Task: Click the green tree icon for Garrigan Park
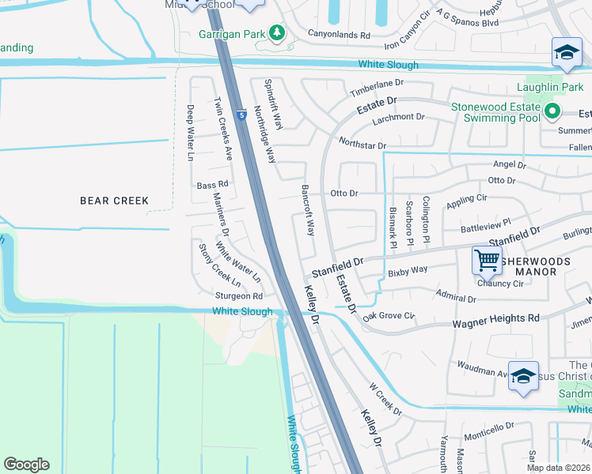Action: tap(277, 32)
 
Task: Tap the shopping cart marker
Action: tap(487, 258)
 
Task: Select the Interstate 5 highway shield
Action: tap(241, 115)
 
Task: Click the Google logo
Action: tap(26, 465)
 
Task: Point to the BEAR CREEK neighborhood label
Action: tap(115, 201)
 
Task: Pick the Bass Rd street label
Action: tap(212, 184)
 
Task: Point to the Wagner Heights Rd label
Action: tap(495, 320)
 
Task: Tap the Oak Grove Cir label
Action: tap(389, 316)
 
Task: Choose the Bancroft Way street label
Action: tap(309, 211)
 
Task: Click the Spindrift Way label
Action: tap(274, 104)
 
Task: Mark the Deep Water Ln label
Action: tap(191, 133)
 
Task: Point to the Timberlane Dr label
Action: tap(378, 88)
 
